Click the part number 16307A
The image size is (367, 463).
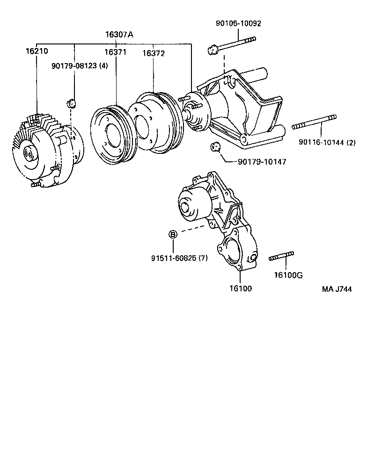pos(119,34)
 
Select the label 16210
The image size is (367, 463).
pos(37,51)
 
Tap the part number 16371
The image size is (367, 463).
pos(115,52)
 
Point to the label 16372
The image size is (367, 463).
pos(154,53)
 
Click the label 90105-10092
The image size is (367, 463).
pos(238,23)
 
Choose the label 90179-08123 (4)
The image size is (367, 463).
pos(79,66)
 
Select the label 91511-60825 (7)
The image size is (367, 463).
pos(179,258)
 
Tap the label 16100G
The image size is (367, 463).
pos(288,275)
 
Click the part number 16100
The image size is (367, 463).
pos(240,288)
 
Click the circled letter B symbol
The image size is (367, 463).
pos(173,234)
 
